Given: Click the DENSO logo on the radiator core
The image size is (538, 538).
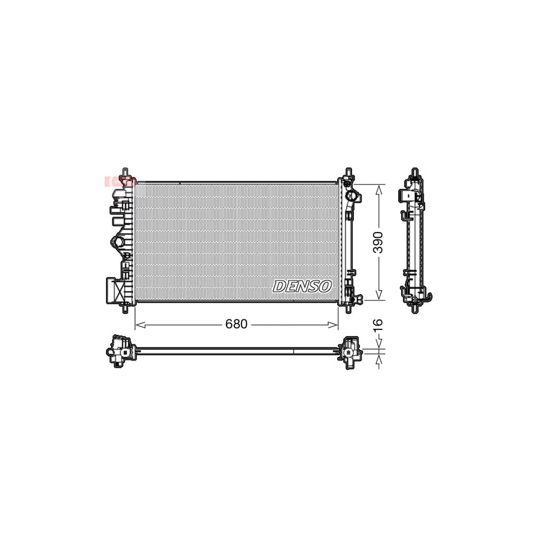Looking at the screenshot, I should (302, 286).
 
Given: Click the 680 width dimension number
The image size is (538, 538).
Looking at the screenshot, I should (236, 325).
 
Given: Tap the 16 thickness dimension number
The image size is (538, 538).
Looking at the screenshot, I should (378, 325).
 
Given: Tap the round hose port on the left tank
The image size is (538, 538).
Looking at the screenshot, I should (118, 242).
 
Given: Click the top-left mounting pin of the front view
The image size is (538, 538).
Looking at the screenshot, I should (124, 172).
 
